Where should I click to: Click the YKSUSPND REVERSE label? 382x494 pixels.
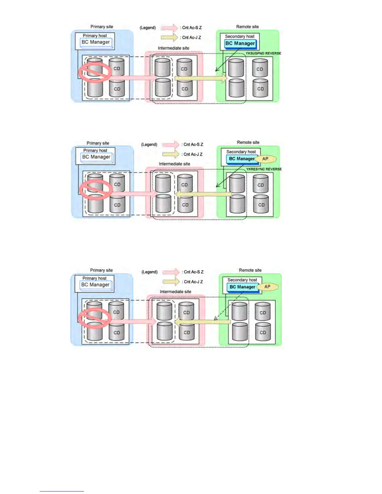(263, 53)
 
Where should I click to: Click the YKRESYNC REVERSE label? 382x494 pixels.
(264, 169)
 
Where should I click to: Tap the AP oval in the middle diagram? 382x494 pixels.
(265, 159)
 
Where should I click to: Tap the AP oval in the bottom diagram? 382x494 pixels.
(267, 287)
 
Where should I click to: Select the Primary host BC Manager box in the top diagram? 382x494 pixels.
(96, 42)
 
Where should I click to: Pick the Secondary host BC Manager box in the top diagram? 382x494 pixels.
(240, 44)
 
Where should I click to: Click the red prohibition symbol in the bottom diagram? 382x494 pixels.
(95, 318)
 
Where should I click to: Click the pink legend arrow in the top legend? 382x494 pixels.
(170, 28)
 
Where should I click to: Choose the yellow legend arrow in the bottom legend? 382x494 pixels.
(171, 282)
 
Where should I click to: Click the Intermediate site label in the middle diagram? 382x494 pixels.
(174, 164)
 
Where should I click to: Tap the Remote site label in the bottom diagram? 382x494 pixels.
(250, 270)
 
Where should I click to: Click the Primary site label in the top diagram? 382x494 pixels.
(102, 27)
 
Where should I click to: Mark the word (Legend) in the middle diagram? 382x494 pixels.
(149, 144)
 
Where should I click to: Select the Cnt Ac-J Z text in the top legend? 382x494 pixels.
(191, 37)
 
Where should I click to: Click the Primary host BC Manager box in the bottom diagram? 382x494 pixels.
(95, 285)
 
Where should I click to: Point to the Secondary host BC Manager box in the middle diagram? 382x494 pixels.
(242, 159)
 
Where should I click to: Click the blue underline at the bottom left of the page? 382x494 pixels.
(61, 491)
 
